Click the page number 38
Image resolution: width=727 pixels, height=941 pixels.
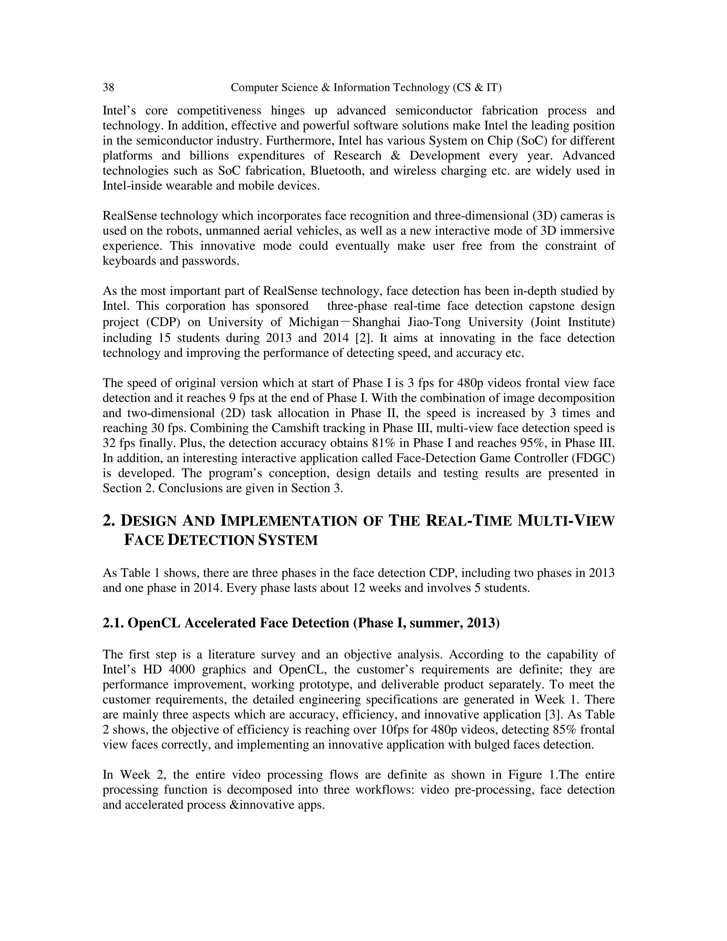tap(108, 88)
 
